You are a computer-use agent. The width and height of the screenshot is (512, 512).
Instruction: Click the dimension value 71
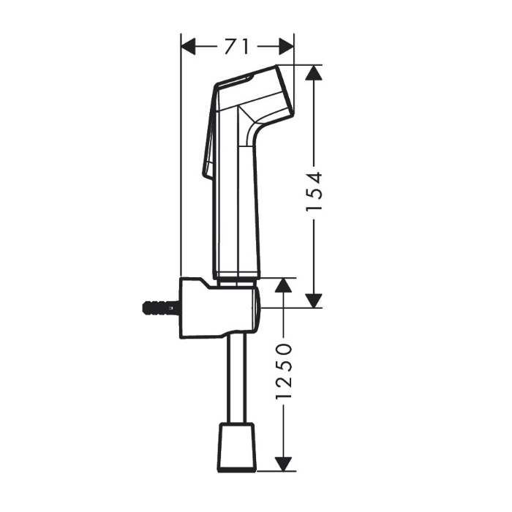coord(236,47)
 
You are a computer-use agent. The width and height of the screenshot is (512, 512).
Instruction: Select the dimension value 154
coord(314,193)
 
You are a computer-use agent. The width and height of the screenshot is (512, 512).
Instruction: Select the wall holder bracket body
coord(212,307)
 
